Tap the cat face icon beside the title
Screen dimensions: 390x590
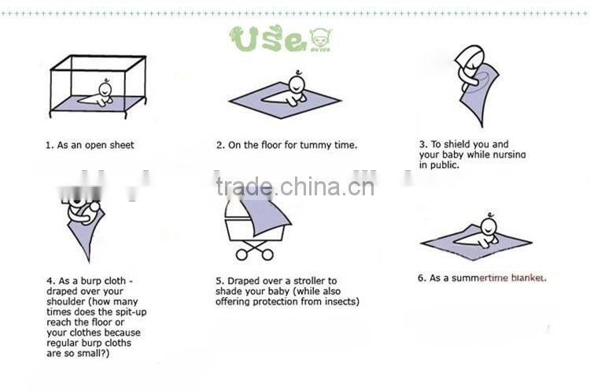point(321,38)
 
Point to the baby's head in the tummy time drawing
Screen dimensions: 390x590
point(297,84)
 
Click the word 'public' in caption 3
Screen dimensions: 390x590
point(444,165)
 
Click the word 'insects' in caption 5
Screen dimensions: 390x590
point(340,301)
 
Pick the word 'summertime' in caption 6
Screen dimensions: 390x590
point(479,277)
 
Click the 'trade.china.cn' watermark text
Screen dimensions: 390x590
point(296,187)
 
